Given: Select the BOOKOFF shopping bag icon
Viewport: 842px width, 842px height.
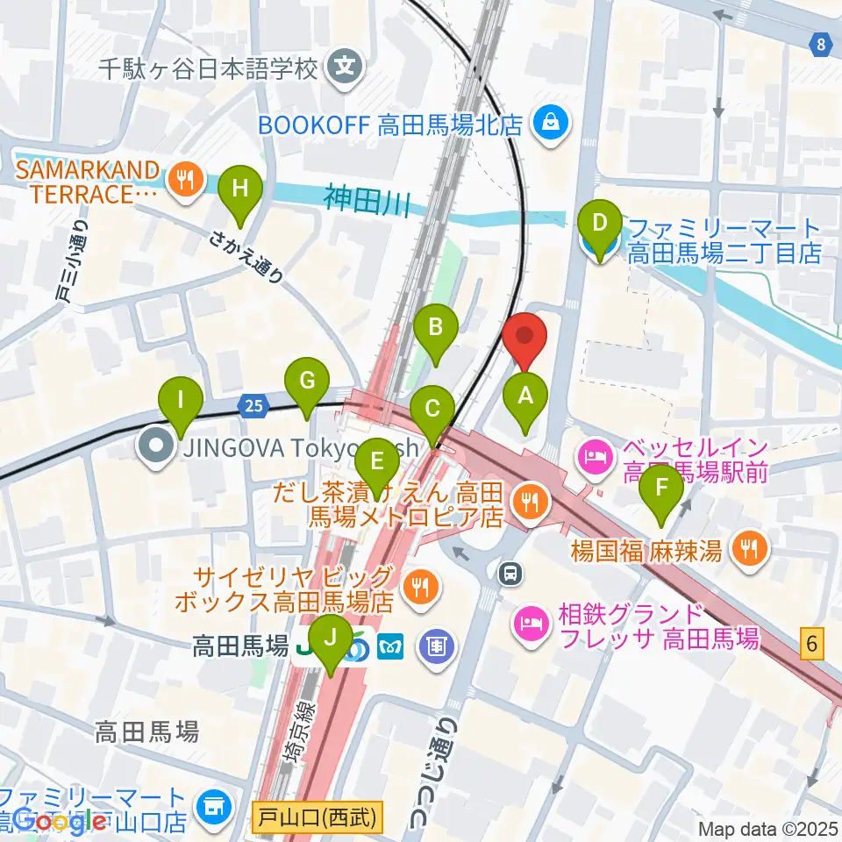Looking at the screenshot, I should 552,125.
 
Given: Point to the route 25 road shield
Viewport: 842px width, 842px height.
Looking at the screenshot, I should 253,405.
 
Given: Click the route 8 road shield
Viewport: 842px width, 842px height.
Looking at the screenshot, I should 821,45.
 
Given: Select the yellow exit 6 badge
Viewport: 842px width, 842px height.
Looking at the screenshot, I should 813,646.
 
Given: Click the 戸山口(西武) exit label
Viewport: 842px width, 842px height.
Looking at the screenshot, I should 318,819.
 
